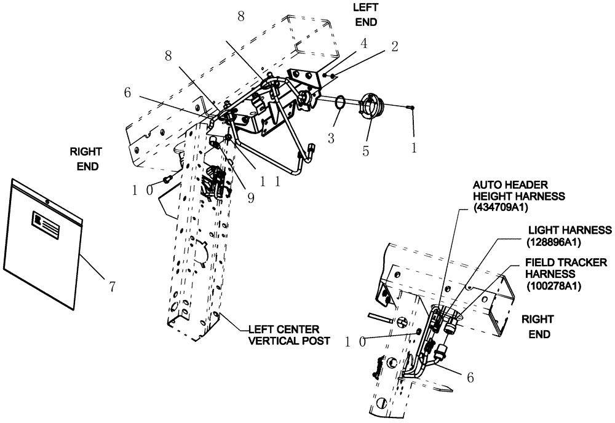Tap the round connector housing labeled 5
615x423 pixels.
(x=371, y=107)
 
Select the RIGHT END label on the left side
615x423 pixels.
(x=85, y=158)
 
